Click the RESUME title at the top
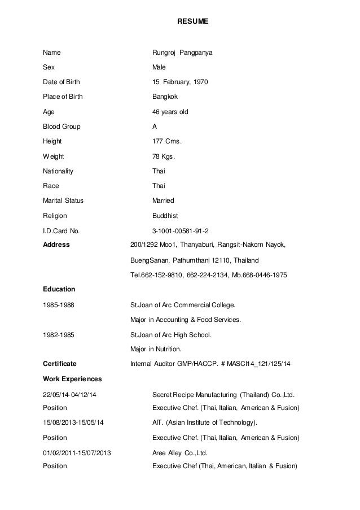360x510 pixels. [193, 21]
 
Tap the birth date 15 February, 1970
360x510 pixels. [181, 82]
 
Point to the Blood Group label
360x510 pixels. [62, 127]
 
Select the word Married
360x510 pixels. [164, 200]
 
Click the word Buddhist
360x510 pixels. [165, 215]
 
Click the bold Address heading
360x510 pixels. [56, 245]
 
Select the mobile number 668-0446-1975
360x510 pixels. [264, 275]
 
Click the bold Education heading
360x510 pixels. [59, 289]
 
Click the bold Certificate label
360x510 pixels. [60, 363]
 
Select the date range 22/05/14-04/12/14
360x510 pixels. [69, 394]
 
